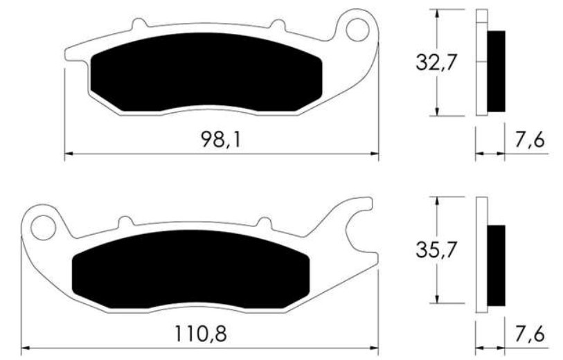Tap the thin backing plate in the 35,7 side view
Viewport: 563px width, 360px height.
point(482,253)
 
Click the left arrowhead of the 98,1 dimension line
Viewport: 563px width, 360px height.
point(68,153)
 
